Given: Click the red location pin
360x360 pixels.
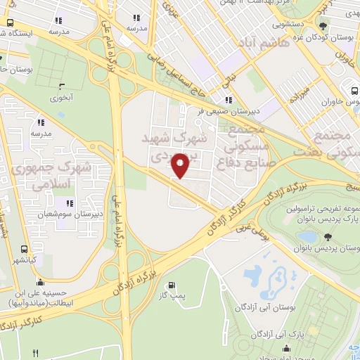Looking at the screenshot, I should (x=181, y=166).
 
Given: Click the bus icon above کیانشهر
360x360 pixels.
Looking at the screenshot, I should (x=25, y=248).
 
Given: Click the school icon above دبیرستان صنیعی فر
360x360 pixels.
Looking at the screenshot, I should (x=228, y=100).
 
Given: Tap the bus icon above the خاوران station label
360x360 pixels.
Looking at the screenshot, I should (x=352, y=89).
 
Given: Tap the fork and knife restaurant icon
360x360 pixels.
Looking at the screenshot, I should (x=36, y=352).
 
